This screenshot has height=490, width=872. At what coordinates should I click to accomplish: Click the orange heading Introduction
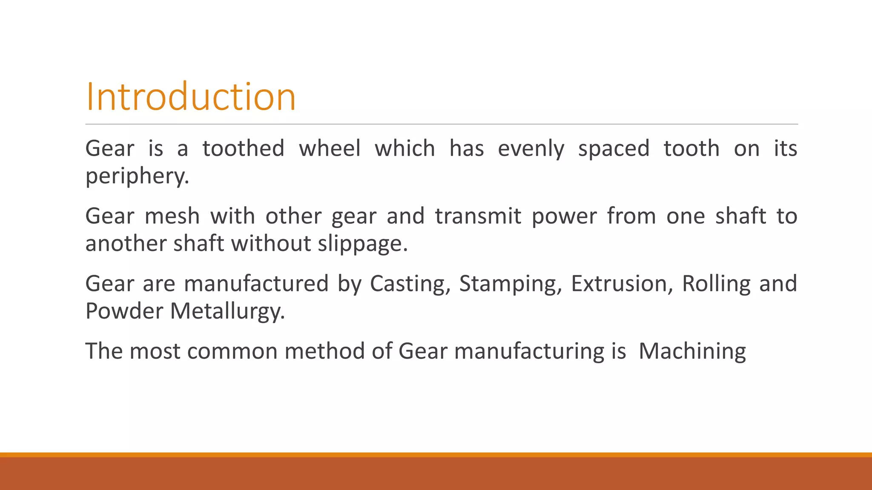point(190,97)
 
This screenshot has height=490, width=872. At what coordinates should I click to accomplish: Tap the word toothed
point(243,148)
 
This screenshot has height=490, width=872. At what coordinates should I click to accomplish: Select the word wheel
point(330,148)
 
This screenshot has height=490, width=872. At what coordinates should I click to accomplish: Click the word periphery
point(137,176)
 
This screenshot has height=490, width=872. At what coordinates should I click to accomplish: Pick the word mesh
point(172,216)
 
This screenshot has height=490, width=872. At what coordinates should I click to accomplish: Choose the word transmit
point(478,216)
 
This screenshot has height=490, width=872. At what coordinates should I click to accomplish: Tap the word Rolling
point(716,284)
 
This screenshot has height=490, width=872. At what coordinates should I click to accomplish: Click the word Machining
point(692,352)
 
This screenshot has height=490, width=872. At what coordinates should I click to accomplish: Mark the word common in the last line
point(232,352)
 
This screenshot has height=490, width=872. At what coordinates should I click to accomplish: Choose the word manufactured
point(256,284)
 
